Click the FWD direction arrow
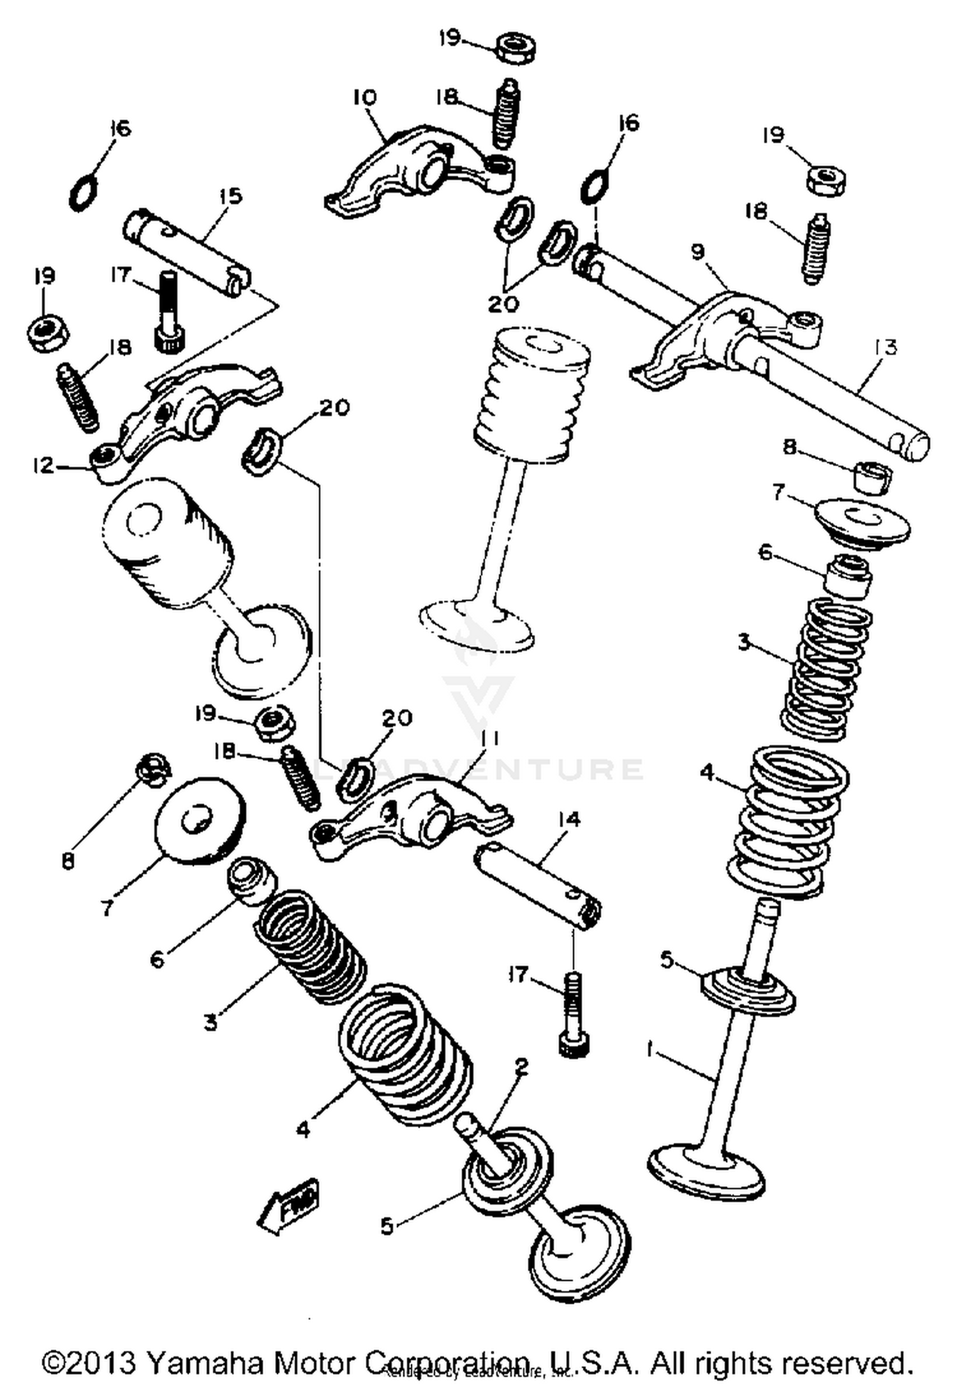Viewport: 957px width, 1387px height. pyautogui.click(x=289, y=1203)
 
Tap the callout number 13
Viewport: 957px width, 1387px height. pyautogui.click(x=886, y=348)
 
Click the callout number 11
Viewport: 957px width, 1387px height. pyautogui.click(x=490, y=739)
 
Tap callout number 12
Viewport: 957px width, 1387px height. pyautogui.click(x=43, y=465)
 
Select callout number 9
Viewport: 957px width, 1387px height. pyautogui.click(x=698, y=252)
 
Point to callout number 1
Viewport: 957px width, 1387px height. pyautogui.click(x=651, y=1050)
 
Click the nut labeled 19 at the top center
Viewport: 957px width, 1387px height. pyautogui.click(x=516, y=50)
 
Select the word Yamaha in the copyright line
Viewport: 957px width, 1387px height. pyautogui.click(x=204, y=1360)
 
